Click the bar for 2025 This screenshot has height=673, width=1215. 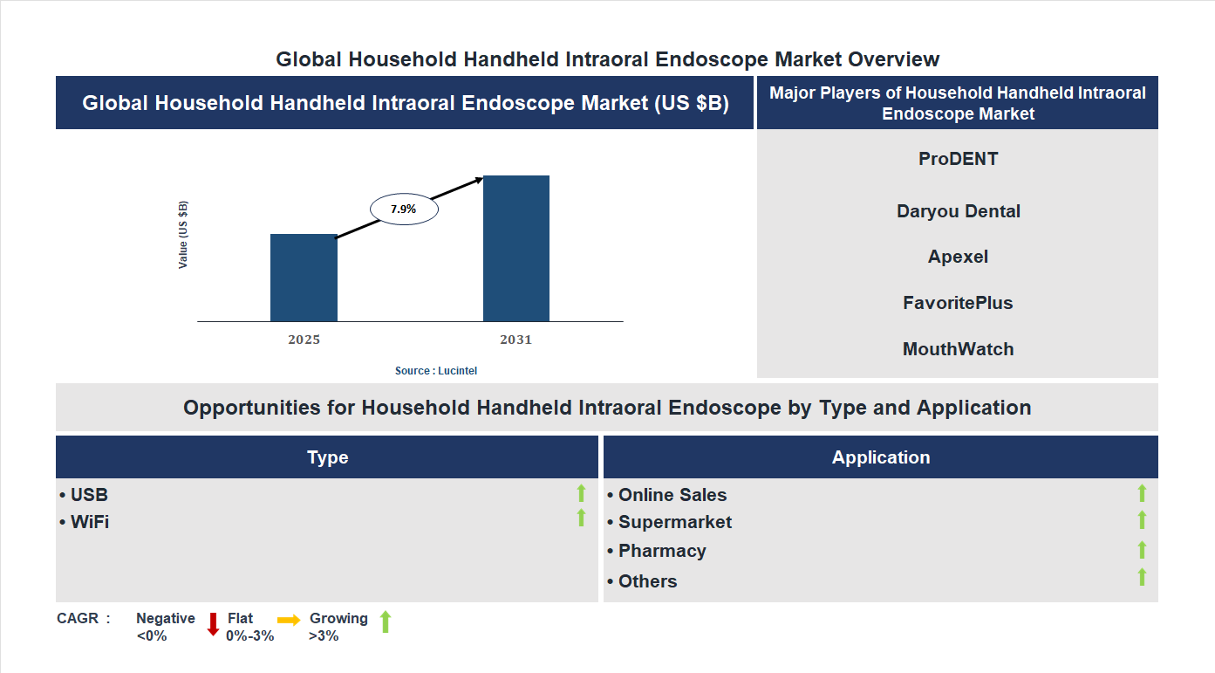coord(304,278)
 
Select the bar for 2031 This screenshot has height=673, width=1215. coord(516,248)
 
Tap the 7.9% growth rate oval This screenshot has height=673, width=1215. coord(404,209)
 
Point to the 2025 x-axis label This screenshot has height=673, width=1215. coord(304,340)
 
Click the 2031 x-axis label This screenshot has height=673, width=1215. coord(515,340)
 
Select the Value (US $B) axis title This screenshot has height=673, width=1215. coord(183,235)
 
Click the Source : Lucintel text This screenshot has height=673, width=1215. coord(436,371)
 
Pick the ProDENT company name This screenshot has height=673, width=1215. coord(958,159)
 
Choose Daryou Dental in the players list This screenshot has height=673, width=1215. coord(958,211)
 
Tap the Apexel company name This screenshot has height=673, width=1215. coord(958,257)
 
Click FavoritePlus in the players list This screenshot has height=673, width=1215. coord(958,303)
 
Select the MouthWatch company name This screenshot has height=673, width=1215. coord(958,349)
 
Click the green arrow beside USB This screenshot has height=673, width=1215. coord(581,494)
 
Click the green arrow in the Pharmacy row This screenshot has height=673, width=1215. coord(1142,550)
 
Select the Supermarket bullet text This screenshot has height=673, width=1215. coord(674,522)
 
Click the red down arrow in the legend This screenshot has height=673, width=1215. coord(213,624)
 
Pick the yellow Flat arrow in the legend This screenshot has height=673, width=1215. coord(289,619)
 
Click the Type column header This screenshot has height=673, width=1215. coord(327,457)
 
